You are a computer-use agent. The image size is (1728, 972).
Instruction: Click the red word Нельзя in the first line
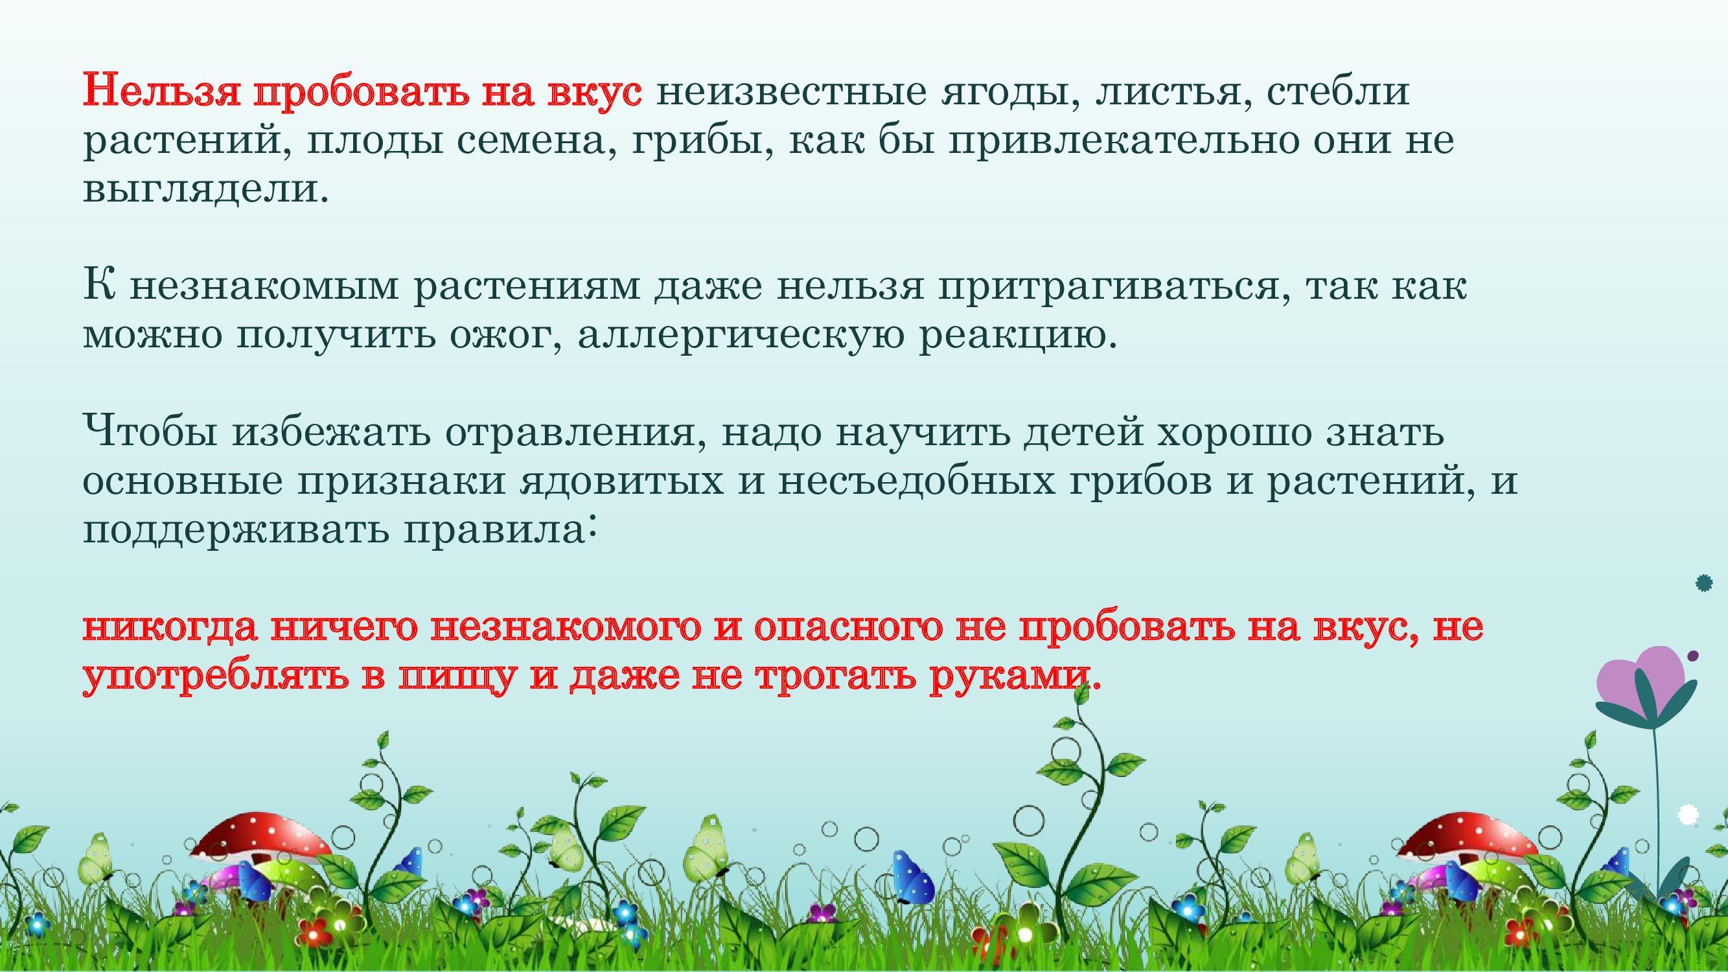pos(161,91)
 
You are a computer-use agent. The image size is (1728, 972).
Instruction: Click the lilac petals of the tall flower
pos(1640,680)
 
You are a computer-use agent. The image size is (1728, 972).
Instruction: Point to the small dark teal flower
pos(1705,583)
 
